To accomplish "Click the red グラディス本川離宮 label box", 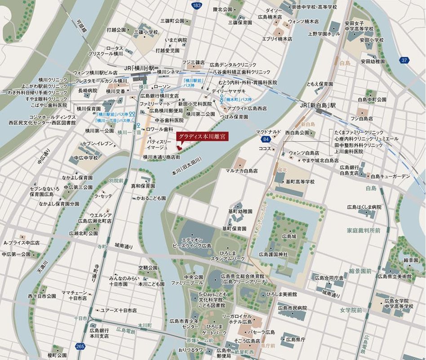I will (x=202, y=136).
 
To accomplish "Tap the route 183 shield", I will (x=196, y=5).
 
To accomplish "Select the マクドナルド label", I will (x=270, y=132).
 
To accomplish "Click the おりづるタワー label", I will (x=192, y=350).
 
